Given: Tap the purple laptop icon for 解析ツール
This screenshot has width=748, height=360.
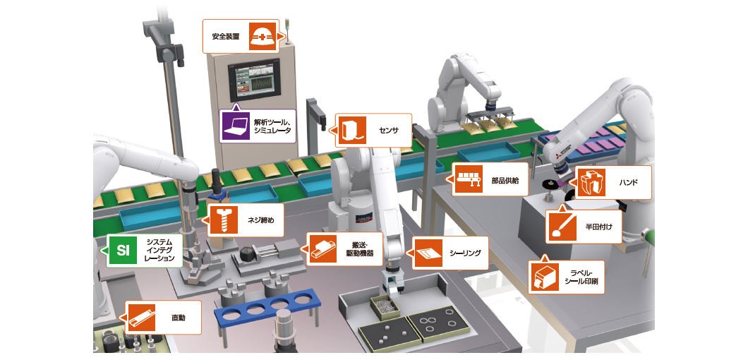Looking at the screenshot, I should [235, 126].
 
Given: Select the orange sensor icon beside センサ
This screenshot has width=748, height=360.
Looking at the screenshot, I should [351, 130].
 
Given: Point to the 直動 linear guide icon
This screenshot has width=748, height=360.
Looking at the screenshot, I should [140, 318].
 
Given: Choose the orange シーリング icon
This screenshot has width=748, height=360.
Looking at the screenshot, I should [428, 252].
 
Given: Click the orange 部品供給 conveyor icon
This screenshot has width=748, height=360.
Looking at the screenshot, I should [468, 180].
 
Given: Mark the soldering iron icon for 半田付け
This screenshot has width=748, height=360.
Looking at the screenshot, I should [562, 226].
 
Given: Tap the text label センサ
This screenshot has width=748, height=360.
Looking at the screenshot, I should [389, 131].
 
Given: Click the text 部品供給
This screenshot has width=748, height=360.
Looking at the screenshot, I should [506, 181].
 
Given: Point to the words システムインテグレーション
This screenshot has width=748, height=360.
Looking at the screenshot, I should [159, 251].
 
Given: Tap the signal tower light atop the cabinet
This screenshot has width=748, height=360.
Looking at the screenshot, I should [288, 35].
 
